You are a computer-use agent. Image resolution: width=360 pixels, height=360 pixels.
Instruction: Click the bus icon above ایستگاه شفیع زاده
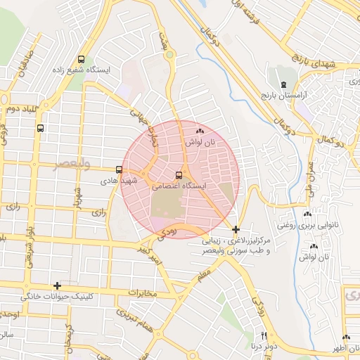82,60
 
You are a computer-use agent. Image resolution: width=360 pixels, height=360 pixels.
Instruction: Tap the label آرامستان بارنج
285,94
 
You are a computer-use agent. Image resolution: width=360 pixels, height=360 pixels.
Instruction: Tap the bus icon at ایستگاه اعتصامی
179,175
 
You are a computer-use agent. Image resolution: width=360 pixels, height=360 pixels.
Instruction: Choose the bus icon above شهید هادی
119,169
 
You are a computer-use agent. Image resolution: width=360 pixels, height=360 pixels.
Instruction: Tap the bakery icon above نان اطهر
346,337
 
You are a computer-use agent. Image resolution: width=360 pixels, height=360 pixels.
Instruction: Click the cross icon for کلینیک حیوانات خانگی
57,285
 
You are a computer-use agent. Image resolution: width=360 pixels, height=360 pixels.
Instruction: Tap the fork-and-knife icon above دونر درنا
264,335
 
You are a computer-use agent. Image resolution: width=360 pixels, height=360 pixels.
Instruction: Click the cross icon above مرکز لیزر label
236,229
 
